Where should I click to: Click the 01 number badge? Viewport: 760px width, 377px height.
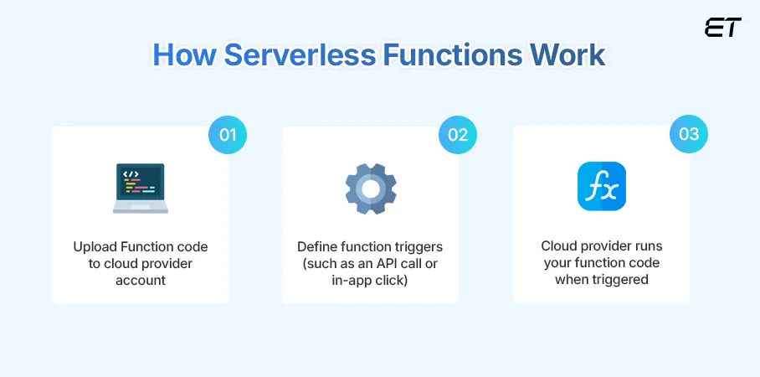pyautogui.click(x=227, y=135)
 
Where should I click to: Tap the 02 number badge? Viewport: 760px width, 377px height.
pyautogui.click(x=458, y=135)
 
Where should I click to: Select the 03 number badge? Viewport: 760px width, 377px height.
pyautogui.click(x=688, y=135)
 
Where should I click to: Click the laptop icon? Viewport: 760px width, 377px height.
pyautogui.click(x=140, y=188)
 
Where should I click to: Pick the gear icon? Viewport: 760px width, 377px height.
pyautogui.click(x=370, y=188)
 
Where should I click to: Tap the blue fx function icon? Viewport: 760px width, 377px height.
pyautogui.click(x=601, y=186)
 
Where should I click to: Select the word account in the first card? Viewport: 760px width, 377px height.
pyautogui.click(x=140, y=279)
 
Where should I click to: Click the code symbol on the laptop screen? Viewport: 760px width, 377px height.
pyautogui.click(x=131, y=175)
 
